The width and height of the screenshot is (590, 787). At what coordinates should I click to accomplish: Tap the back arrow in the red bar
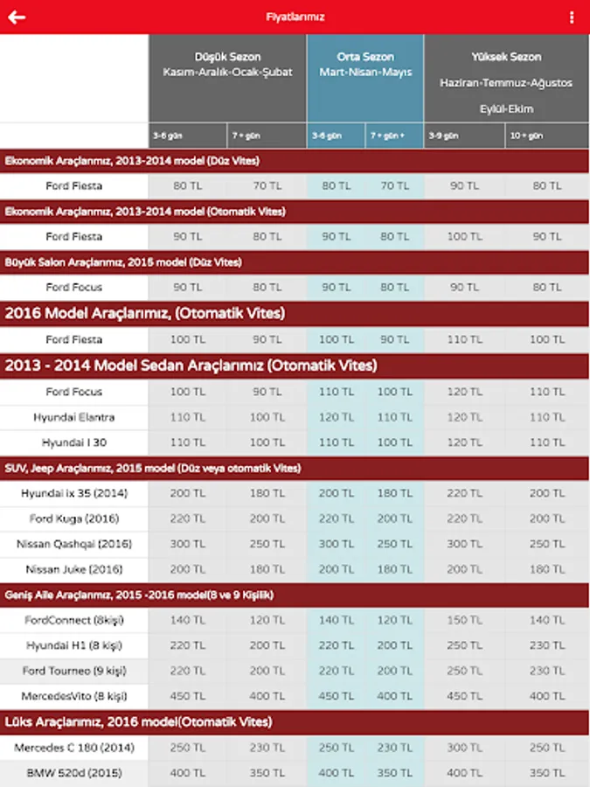pos(17,17)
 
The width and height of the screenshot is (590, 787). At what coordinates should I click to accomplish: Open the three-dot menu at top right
pos(573,17)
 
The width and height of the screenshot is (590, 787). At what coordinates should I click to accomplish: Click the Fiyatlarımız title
pos(295,17)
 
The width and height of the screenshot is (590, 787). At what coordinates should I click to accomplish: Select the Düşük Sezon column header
pos(227,57)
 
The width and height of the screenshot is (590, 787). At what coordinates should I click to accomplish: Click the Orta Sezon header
pos(365,57)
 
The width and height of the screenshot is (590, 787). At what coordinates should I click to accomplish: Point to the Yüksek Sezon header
pos(506,57)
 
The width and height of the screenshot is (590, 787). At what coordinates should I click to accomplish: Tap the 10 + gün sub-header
pos(529,136)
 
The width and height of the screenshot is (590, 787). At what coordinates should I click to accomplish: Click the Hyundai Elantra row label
pos(74,417)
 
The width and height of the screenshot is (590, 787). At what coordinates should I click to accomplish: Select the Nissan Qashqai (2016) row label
pos(74,544)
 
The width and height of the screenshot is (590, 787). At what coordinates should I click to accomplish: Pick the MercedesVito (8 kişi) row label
pos(74,696)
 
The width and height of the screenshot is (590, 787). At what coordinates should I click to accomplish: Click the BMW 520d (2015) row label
pos(74,773)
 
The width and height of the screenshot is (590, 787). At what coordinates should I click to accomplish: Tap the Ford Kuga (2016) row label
pos(74,519)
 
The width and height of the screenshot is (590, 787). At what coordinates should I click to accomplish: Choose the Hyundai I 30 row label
pos(74,442)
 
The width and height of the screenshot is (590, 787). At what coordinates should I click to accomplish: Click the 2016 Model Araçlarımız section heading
pos(145,313)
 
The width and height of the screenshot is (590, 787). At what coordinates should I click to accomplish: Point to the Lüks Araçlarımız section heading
pos(138,722)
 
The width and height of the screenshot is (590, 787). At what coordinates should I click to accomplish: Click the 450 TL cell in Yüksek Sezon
pos(464,696)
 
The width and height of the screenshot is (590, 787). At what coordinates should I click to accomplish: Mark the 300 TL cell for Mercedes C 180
pos(464,748)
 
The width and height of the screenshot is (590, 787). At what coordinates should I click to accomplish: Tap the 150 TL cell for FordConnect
pos(464,620)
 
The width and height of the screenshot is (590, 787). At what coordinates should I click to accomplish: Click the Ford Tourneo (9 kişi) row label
pos(74,671)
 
